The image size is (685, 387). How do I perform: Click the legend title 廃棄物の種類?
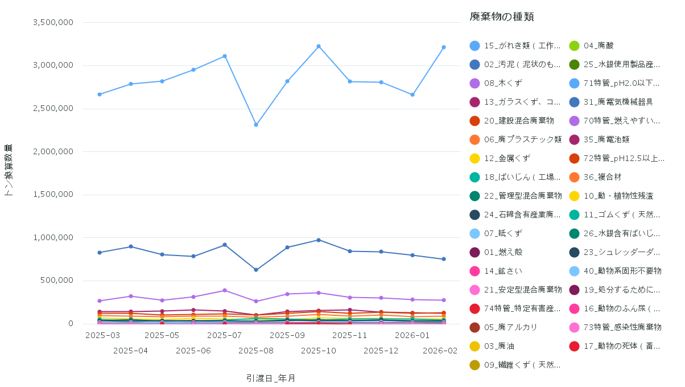click(x=501, y=17)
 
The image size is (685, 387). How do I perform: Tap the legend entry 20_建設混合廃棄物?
click(x=519, y=121)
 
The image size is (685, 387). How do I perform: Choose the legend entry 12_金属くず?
click(x=507, y=158)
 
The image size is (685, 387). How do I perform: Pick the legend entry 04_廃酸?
click(x=599, y=46)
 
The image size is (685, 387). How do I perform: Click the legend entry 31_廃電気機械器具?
click(x=618, y=102)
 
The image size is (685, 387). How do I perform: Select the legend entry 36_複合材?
click(x=603, y=177)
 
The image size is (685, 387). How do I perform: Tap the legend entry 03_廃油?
click(x=503, y=346)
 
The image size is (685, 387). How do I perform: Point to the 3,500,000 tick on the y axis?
click(x=53, y=22)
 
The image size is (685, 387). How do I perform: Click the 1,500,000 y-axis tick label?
click(x=53, y=195)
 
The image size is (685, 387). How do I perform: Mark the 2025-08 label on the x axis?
click(x=255, y=351)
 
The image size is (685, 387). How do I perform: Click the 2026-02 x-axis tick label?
click(x=440, y=351)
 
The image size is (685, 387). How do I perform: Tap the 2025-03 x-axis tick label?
click(x=102, y=335)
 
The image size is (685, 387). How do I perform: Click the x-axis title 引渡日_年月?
click(x=271, y=378)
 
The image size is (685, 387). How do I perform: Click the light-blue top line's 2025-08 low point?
click(x=256, y=125)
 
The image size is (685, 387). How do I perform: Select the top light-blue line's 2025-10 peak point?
click(x=319, y=46)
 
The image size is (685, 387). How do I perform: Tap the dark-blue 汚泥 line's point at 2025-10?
click(x=319, y=240)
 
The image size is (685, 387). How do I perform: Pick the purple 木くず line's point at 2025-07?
click(x=225, y=290)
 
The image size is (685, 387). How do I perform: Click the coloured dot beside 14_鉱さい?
click(x=474, y=271)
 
